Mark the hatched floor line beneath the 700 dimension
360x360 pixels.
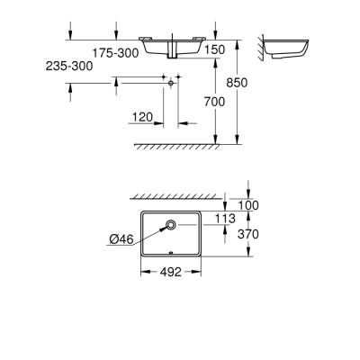click(175, 145)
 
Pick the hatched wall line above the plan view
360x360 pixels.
click(175, 194)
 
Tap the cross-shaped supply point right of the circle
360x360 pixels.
click(168, 80)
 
